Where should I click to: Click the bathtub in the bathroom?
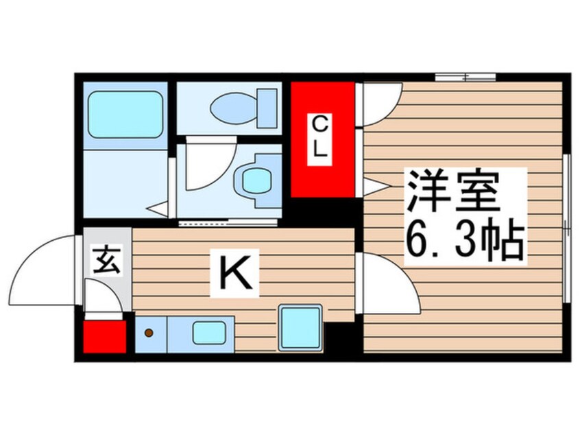point(125,114)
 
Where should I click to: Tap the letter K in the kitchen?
point(235,274)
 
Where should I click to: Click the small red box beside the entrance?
point(105,336)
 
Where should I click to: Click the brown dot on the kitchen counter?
point(149,333)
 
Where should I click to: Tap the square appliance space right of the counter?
point(300,327)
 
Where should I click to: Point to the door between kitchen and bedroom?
point(387,283)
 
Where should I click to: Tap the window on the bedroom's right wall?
point(566,226)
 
